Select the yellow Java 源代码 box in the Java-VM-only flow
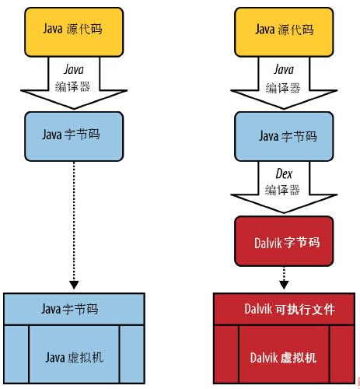click(x=75, y=31)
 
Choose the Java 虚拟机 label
click(x=75, y=357)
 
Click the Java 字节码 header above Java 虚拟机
click(x=75, y=309)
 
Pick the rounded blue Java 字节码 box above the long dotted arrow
click(x=75, y=135)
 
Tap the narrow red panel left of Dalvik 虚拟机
click(x=225, y=354)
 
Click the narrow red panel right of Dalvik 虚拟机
click(x=341, y=354)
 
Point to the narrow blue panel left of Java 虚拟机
click(x=16, y=354)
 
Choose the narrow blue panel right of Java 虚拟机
click(x=133, y=354)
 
